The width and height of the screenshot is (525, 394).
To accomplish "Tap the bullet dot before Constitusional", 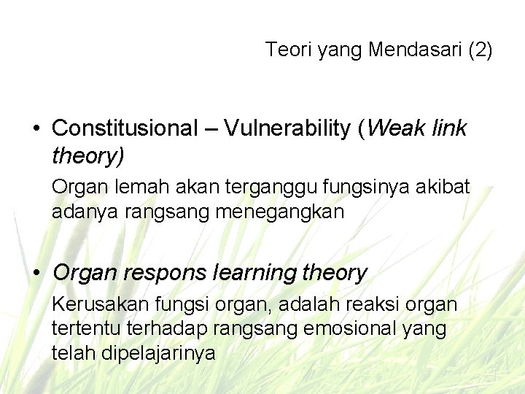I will coord(36,129).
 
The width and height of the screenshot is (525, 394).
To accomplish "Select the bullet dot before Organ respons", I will coord(36,274).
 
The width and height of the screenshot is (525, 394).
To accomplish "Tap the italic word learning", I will coord(253,274).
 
